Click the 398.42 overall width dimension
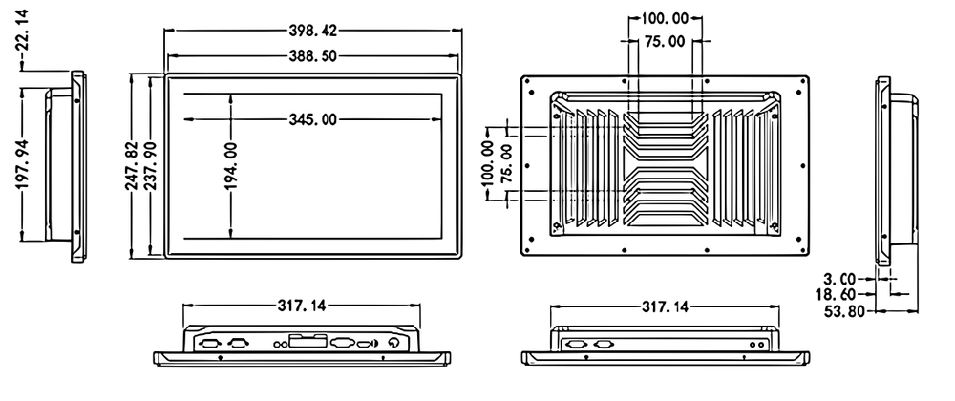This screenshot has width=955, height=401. (x=313, y=31)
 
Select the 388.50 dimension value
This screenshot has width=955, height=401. (x=313, y=56)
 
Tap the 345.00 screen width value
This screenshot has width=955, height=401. (x=313, y=119)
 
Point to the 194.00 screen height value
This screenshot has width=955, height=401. (x=231, y=165)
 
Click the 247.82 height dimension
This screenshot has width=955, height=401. (x=133, y=165)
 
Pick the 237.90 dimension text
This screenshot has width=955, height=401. (x=150, y=165)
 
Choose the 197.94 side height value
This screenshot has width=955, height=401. (x=23, y=164)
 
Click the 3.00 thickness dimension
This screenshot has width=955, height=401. (x=839, y=280)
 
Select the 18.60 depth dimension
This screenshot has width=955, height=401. (x=836, y=295)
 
